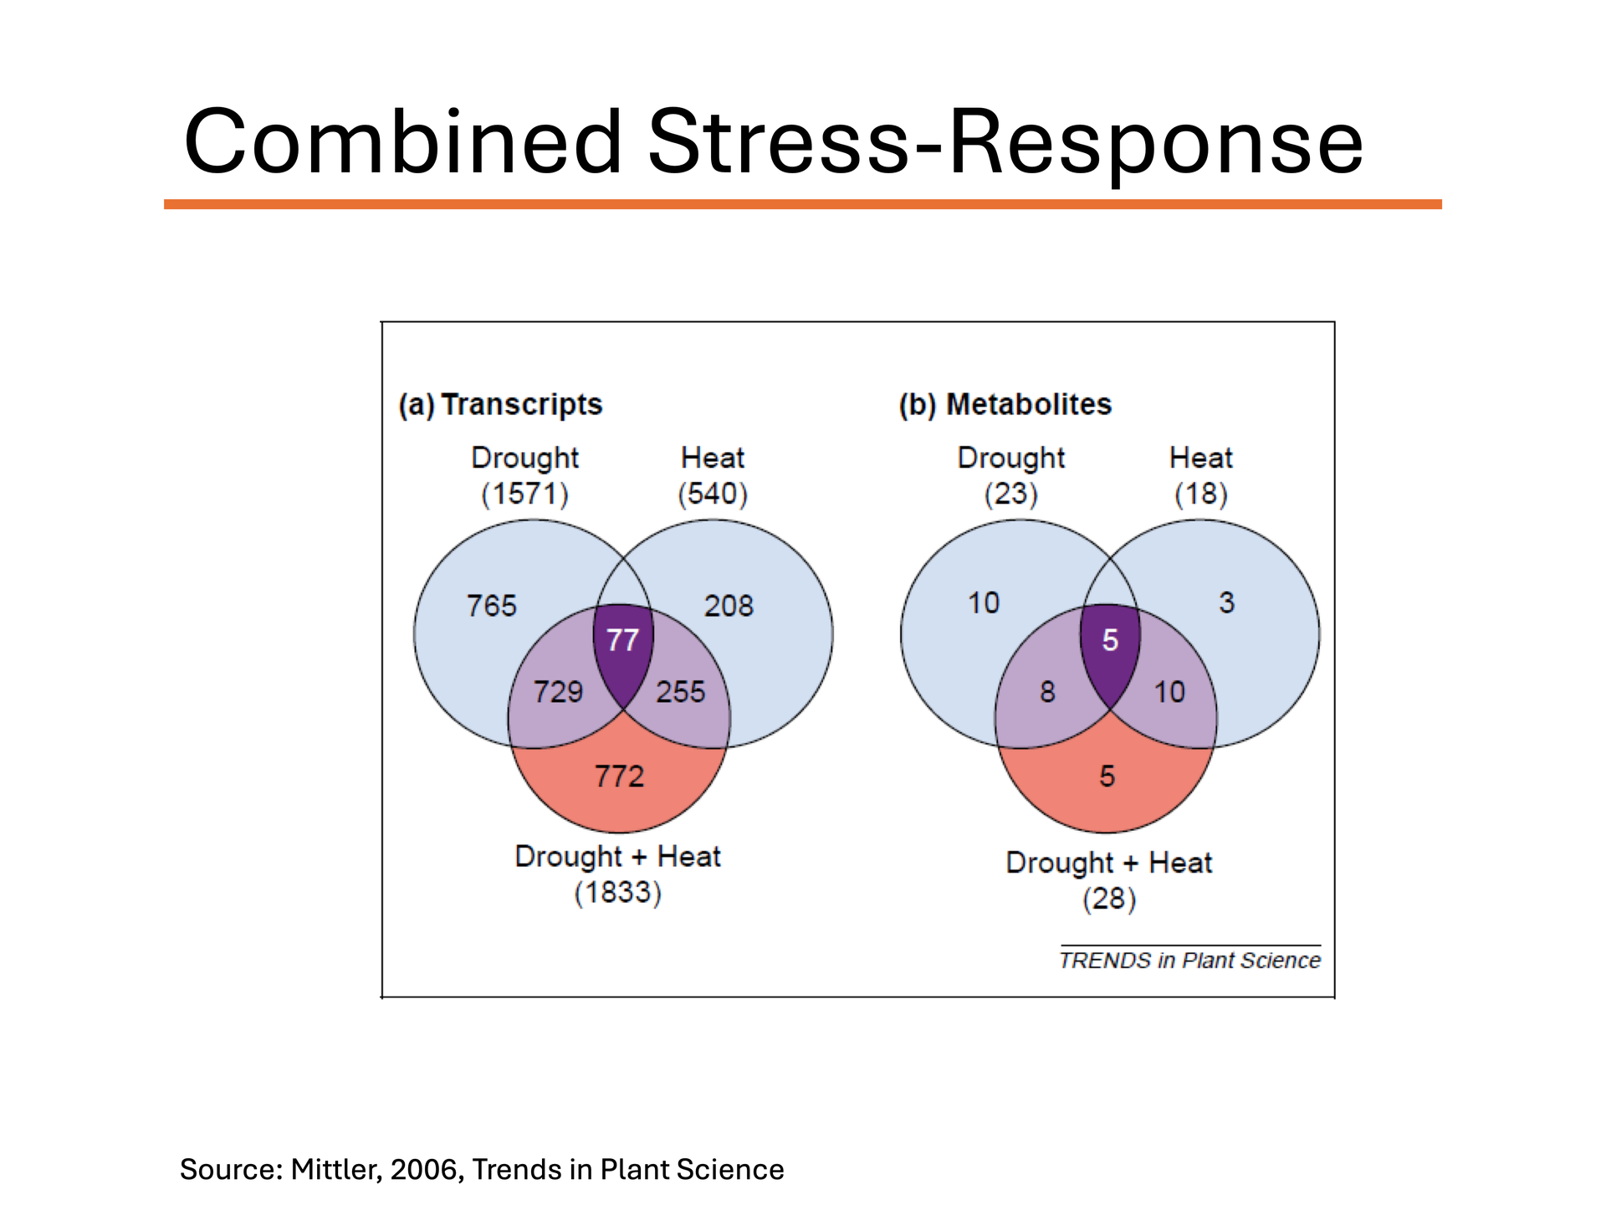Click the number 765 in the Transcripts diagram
click(492, 606)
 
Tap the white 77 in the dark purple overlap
click(622, 640)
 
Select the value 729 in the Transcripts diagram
click(558, 692)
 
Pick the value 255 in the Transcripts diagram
click(680, 692)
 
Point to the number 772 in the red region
click(619, 777)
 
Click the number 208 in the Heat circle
click(729, 606)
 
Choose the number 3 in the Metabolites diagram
click(1226, 602)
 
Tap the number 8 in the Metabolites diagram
click(1047, 692)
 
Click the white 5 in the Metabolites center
click(1110, 640)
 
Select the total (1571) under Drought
click(524, 494)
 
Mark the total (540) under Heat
click(713, 494)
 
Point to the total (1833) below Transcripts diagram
click(617, 893)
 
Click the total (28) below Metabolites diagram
click(1109, 900)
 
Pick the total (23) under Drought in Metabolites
click(1010, 494)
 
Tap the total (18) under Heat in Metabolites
click(1201, 494)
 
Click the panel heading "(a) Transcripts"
click(500, 404)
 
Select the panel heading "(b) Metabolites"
click(1005, 404)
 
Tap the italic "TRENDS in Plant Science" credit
click(1189, 960)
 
